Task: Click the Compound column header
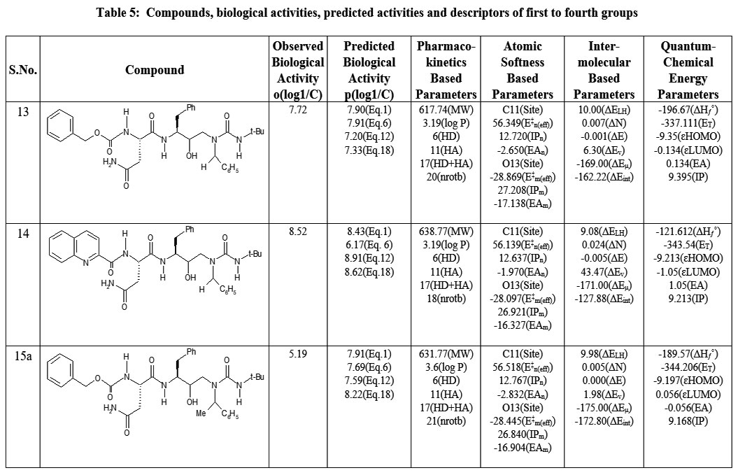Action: [x=155, y=70]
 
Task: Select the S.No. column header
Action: [x=23, y=70]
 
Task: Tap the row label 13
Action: [x=23, y=111]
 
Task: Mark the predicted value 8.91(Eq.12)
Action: [x=369, y=257]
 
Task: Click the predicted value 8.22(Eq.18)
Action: [x=369, y=394]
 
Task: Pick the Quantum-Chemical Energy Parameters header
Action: [x=688, y=70]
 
